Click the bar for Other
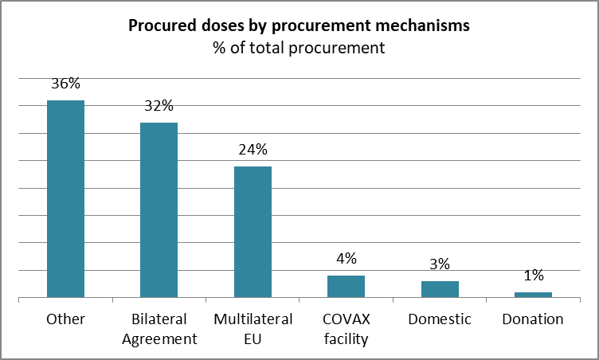click(x=65, y=199)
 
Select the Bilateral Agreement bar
click(x=159, y=209)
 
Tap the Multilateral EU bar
click(x=253, y=232)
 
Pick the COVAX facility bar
click(x=346, y=286)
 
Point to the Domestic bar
click(x=440, y=289)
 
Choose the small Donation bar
click(x=534, y=295)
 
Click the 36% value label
click(x=65, y=84)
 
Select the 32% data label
click(x=159, y=105)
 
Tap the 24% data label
click(x=253, y=150)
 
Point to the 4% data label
click(x=346, y=259)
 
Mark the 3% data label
click(x=440, y=264)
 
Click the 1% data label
click(x=534, y=275)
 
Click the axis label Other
click(x=65, y=319)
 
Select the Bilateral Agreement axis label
click(x=159, y=329)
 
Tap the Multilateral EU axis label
click(x=253, y=329)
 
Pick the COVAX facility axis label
click(x=346, y=329)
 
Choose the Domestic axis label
click(x=440, y=319)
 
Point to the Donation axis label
click(x=533, y=319)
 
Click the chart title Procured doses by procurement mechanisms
click(x=299, y=25)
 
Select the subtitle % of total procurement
click(x=299, y=48)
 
